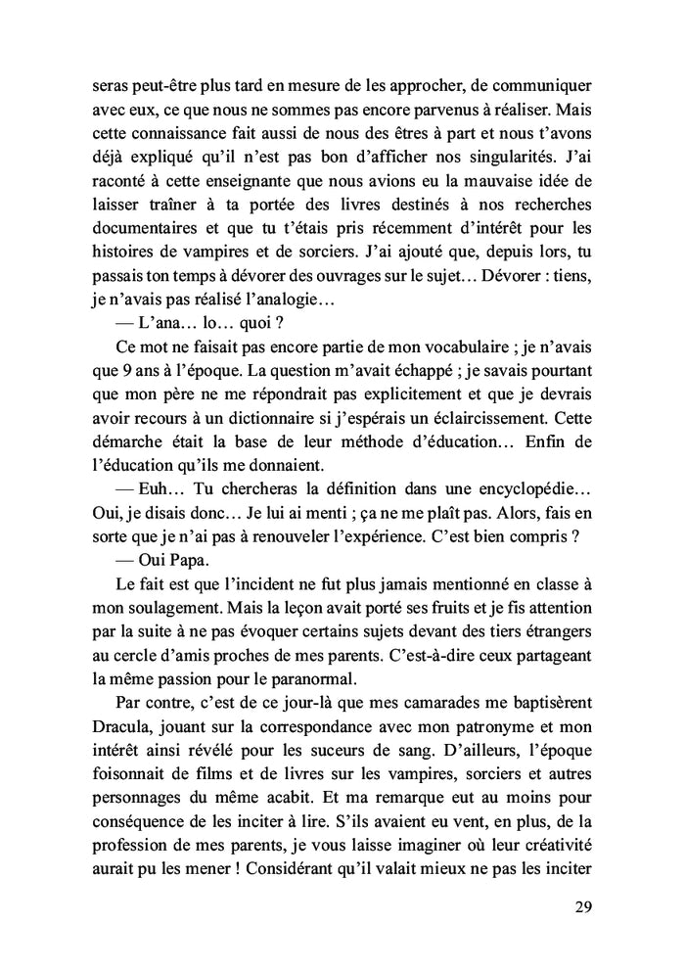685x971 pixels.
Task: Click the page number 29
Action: coord(583,905)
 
